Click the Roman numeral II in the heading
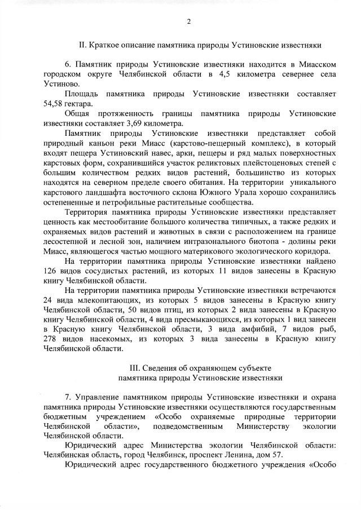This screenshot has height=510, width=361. coord(82,44)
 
